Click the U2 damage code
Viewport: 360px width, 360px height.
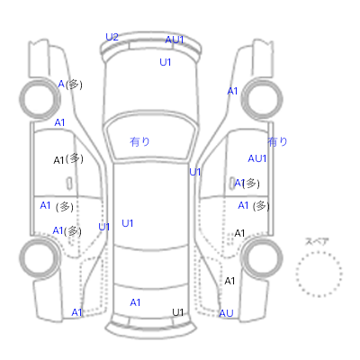coord(112,37)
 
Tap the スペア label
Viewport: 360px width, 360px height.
coord(317,241)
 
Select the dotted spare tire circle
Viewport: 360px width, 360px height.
coord(319,274)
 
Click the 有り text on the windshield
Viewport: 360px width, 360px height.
coord(139,141)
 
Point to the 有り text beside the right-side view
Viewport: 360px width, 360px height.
coord(277,141)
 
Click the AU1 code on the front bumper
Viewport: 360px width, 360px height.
coord(175,40)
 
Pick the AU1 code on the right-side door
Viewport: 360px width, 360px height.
coord(257,158)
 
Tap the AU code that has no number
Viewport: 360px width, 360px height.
coord(226,313)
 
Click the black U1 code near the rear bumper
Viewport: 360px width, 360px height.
coord(177,312)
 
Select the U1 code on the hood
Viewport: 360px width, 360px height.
coord(166,62)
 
